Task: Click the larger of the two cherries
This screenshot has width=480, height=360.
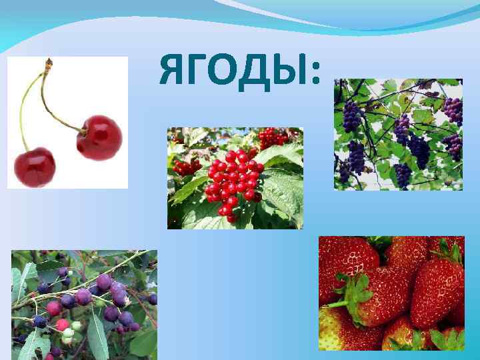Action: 100,137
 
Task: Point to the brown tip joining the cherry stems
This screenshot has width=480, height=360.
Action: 48,64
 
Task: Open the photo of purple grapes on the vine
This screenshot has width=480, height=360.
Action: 398,135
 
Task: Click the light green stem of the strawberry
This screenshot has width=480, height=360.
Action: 337,303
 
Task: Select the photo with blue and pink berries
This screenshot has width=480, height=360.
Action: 84,303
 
